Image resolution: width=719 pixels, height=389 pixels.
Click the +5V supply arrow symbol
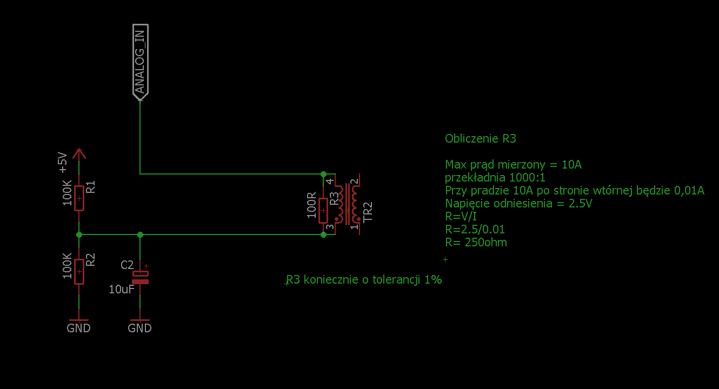79,154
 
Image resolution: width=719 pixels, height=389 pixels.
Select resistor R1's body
79,198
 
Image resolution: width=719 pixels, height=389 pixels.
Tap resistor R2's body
79,272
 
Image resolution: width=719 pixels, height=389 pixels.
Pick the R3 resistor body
323,210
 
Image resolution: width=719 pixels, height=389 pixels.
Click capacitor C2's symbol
140,277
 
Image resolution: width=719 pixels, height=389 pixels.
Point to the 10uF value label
121,289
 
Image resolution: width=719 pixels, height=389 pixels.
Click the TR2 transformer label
368,212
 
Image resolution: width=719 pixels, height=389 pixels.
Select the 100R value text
311,205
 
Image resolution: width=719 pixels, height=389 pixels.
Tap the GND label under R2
78,328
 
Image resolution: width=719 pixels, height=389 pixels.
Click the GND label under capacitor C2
139,328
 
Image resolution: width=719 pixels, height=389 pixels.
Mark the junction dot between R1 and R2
79,234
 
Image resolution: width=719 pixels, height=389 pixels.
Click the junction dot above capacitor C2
140,234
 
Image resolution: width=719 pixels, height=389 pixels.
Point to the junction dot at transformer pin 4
323,174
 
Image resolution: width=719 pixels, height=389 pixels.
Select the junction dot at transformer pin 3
323,234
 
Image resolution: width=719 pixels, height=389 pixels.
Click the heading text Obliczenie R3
481,138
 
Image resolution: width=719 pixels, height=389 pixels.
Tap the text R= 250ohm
476,243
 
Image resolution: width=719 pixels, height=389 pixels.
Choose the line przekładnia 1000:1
495,177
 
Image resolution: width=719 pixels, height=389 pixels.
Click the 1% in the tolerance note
433,280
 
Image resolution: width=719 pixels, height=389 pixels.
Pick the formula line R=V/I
461,217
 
